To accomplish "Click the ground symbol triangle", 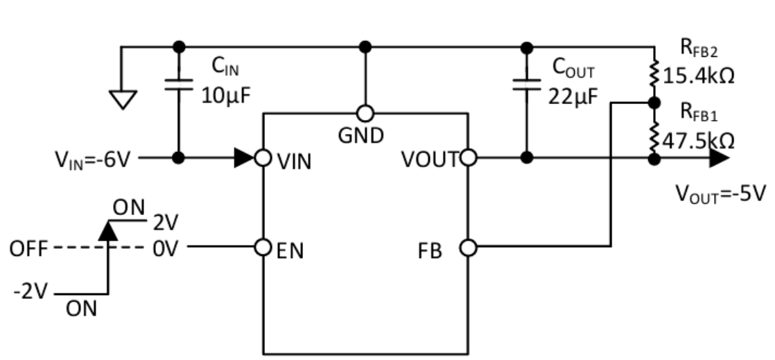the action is [x=123, y=99].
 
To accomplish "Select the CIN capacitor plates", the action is [x=179, y=84].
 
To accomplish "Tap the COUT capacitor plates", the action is [x=527, y=84].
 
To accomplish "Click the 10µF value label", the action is [x=226, y=96].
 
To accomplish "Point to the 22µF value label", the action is [x=573, y=96].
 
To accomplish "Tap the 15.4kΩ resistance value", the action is [x=698, y=76].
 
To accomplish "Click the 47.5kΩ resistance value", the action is [x=698, y=141].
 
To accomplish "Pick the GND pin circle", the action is [x=365, y=114].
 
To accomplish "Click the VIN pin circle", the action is [x=263, y=158].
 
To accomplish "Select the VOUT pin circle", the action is [x=469, y=158].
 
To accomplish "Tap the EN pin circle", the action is [x=263, y=247].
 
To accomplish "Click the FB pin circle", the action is [x=469, y=247].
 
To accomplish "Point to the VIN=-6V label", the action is [x=93, y=160].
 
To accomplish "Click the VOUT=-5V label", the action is [x=720, y=194].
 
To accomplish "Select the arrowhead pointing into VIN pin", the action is [x=244, y=158].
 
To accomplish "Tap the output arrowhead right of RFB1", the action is [x=720, y=158].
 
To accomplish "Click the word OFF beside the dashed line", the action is [x=28, y=249].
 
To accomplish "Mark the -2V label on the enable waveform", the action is [x=31, y=292].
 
